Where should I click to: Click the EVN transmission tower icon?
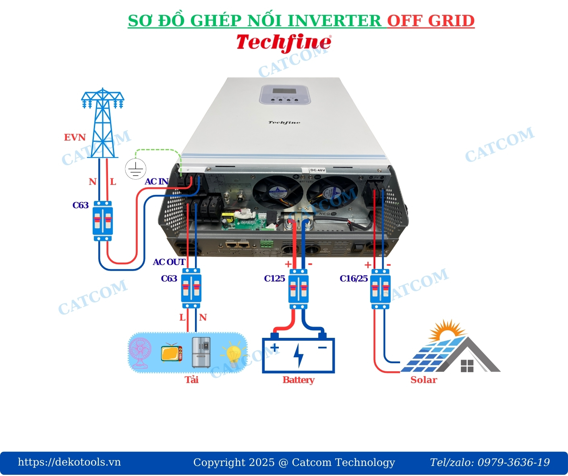coord(103,123)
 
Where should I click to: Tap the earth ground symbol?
coord(135,169)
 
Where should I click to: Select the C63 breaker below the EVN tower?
coord(103,221)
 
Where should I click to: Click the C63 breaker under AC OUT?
coord(191,288)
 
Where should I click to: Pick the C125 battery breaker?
coord(299,289)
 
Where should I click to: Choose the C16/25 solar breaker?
coord(380,289)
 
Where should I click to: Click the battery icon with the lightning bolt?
coord(299,354)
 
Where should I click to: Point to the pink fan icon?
coord(140,353)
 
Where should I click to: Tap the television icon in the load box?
coord(171,352)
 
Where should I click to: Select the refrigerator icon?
coord(201,352)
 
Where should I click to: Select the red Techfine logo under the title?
coord(284,42)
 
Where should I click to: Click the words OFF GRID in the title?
coord(431,21)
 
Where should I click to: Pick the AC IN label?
coord(156,182)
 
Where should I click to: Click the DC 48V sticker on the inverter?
coord(317,170)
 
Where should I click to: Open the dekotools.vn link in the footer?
coord(69,462)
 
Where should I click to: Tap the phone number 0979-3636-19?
coord(514,462)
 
